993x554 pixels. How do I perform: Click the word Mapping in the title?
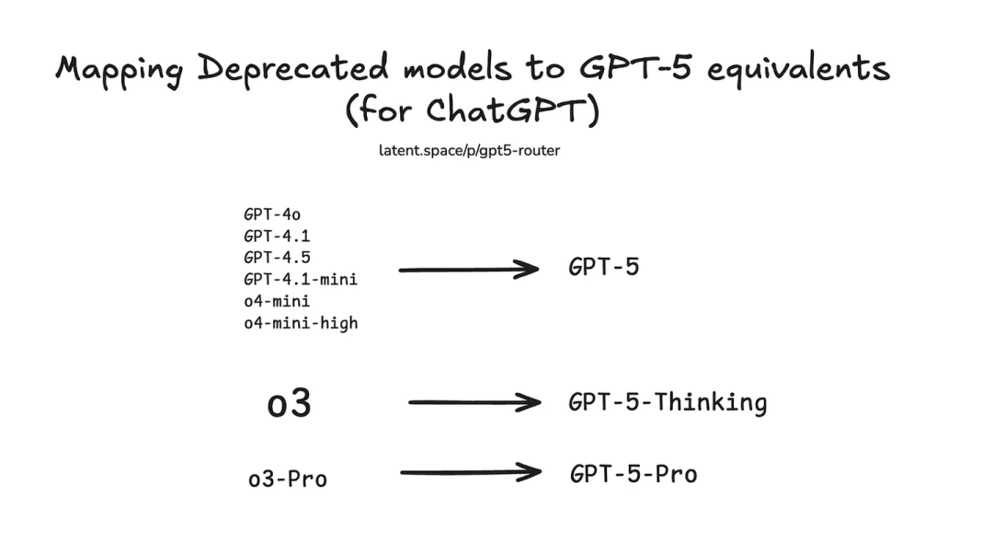pyautogui.click(x=119, y=70)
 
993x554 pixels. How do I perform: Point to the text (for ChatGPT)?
pyautogui.click(x=473, y=110)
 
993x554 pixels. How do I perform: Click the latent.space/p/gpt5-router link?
pyautogui.click(x=469, y=151)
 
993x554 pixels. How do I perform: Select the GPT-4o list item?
pyautogui.click(x=272, y=214)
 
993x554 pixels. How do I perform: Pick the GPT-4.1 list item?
pyautogui.click(x=277, y=237)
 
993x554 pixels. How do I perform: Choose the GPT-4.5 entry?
pyautogui.click(x=277, y=258)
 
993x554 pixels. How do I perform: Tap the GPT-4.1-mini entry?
pyautogui.click(x=301, y=280)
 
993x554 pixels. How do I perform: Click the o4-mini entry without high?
pyautogui.click(x=277, y=301)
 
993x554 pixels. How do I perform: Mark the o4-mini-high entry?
pyautogui.click(x=301, y=323)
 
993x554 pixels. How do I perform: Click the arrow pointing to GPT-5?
pyautogui.click(x=469, y=270)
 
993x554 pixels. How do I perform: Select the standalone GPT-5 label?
pyautogui.click(x=603, y=267)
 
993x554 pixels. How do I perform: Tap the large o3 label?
pyautogui.click(x=290, y=404)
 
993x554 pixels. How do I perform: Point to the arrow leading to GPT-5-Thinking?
pyautogui.click(x=475, y=402)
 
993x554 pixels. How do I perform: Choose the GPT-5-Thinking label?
pyautogui.click(x=668, y=403)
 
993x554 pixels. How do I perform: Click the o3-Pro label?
pyautogui.click(x=288, y=479)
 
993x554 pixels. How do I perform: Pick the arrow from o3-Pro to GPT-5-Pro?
pyautogui.click(x=471, y=471)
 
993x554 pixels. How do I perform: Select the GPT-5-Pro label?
pyautogui.click(x=633, y=474)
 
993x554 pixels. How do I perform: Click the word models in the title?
pyautogui.click(x=457, y=68)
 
